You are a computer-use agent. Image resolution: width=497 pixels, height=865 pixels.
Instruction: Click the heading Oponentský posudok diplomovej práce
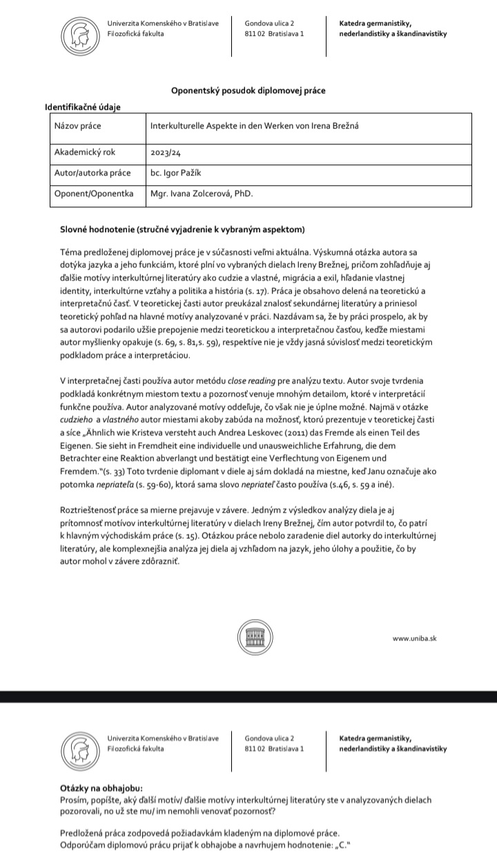coord(248,91)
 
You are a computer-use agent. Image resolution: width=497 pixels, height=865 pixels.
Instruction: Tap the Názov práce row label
coord(77,126)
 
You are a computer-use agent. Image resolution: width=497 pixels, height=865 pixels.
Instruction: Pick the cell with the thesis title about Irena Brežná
coord(255,126)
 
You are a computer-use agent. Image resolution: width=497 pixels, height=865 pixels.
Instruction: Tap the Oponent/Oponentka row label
coord(93,194)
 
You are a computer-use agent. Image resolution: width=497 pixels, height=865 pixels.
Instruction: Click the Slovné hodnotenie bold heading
coord(182,229)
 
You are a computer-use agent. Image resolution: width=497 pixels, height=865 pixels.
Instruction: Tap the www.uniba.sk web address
coord(414,638)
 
